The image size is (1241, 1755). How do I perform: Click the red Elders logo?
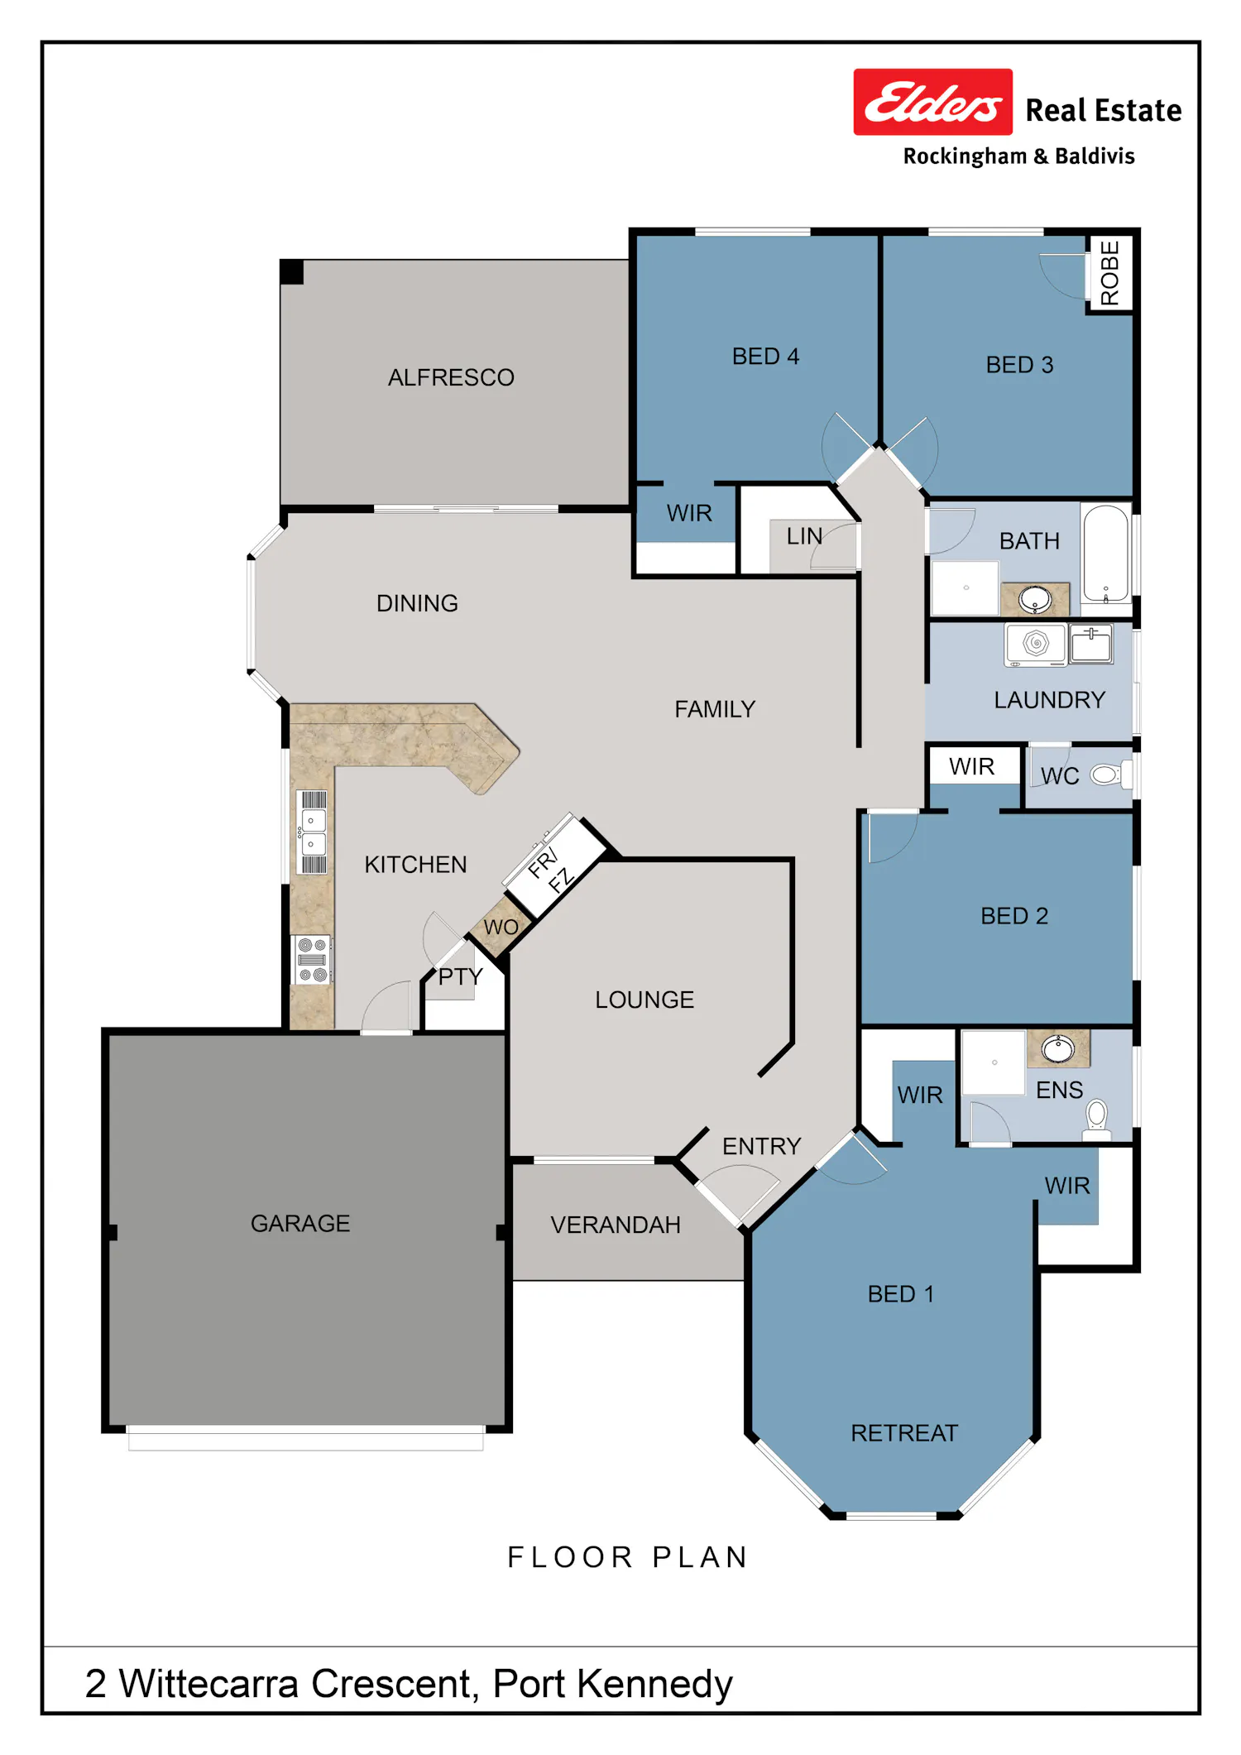click(932, 102)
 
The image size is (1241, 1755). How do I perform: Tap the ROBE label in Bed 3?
click(1109, 273)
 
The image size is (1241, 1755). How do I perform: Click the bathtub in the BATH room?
click(1106, 554)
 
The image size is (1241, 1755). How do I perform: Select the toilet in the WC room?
click(1106, 775)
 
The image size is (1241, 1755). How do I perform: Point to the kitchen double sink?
click(314, 832)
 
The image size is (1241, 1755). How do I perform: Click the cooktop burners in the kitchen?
click(313, 960)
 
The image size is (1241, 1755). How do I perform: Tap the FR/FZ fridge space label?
click(550, 868)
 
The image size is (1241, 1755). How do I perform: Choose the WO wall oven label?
click(501, 928)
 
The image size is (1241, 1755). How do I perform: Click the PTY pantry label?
click(460, 976)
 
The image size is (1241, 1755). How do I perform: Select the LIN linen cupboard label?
click(804, 536)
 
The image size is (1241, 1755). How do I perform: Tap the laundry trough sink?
click(1091, 644)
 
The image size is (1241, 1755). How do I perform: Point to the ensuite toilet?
click(1097, 1119)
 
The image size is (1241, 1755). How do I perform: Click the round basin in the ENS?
click(1057, 1048)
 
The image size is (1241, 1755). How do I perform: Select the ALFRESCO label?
click(451, 377)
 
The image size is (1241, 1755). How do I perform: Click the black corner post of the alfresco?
click(291, 272)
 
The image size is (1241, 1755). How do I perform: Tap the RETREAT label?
click(904, 1433)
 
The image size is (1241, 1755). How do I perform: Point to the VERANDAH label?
click(616, 1225)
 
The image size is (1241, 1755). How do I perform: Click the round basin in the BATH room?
click(1035, 598)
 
